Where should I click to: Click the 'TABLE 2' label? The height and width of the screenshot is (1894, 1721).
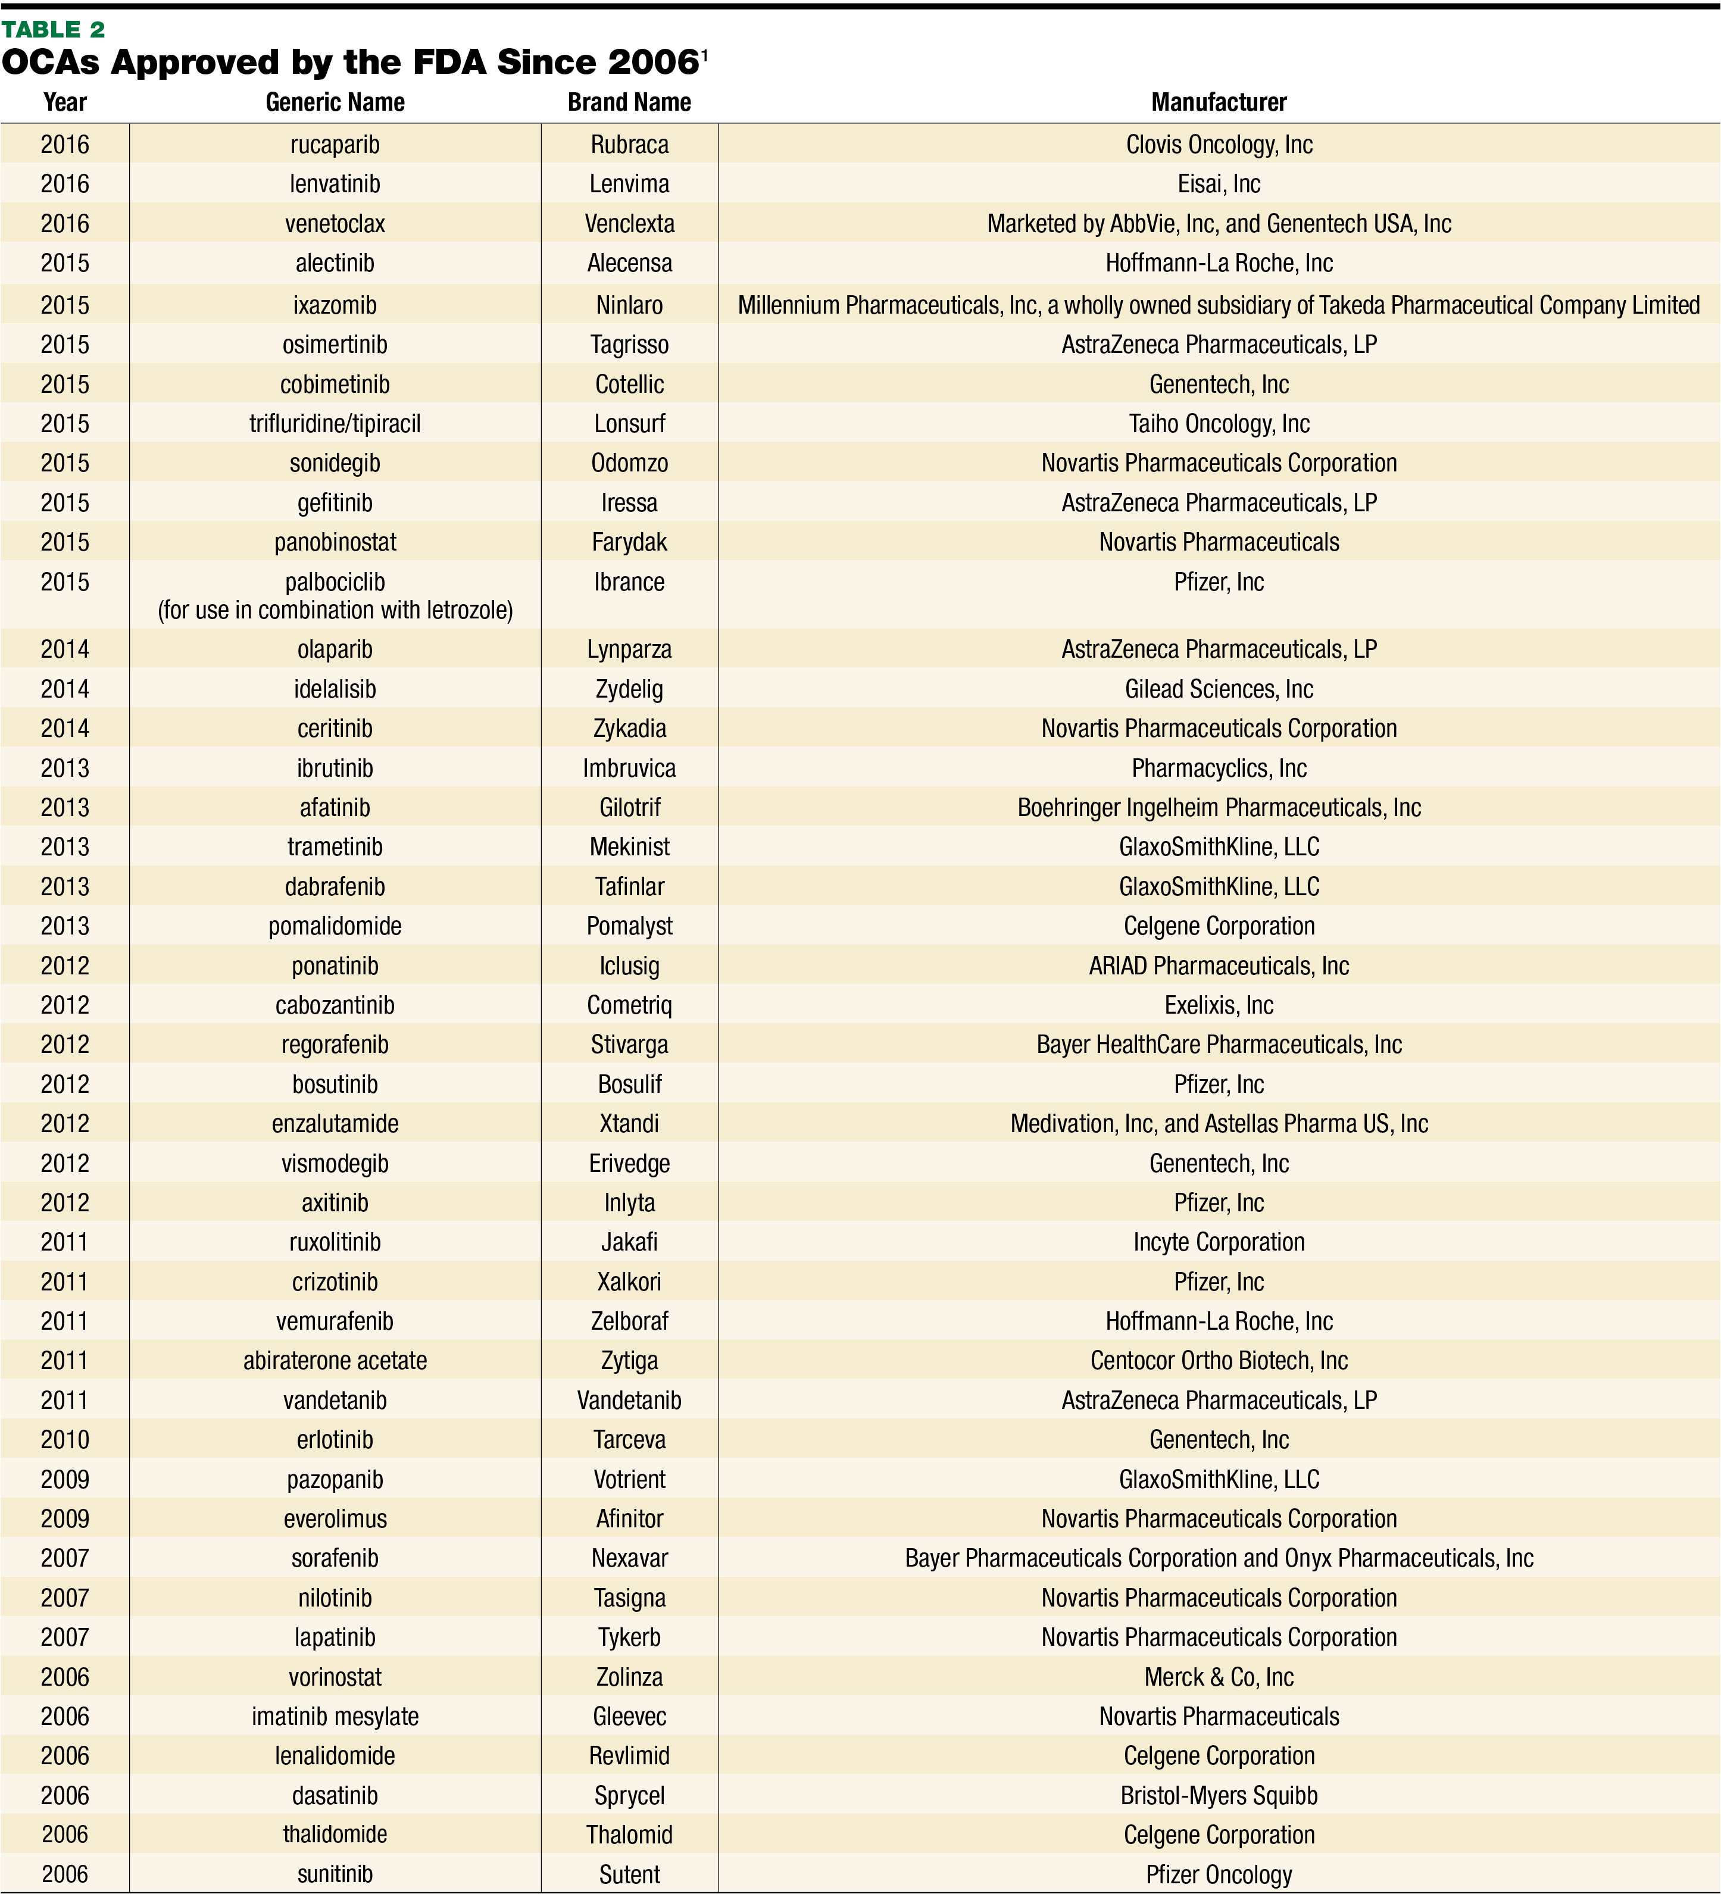pyautogui.click(x=54, y=29)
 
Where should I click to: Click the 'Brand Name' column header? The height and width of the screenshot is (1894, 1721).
pyautogui.click(x=629, y=102)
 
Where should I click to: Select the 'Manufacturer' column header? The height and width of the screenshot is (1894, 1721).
pyautogui.click(x=1219, y=102)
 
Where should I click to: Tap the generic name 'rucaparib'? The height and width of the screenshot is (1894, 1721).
pyautogui.click(x=335, y=145)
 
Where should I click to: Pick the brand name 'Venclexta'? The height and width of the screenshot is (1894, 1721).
pyautogui.click(x=629, y=224)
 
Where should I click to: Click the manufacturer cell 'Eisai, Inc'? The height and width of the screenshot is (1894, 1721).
pyautogui.click(x=1219, y=184)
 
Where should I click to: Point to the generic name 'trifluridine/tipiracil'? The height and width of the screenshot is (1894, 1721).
pyautogui.click(x=335, y=424)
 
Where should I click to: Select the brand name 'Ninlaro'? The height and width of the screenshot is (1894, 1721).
pyautogui.click(x=629, y=305)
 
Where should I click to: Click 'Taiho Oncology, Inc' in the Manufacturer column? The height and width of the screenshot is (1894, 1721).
pyautogui.click(x=1219, y=424)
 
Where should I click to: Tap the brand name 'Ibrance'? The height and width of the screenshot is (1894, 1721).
pyautogui.click(x=629, y=583)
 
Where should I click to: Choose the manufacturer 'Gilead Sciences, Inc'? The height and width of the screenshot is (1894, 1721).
pyautogui.click(x=1219, y=690)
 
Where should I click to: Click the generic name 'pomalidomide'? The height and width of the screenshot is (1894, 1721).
pyautogui.click(x=335, y=926)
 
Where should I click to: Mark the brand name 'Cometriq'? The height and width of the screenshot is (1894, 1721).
pyautogui.click(x=629, y=1005)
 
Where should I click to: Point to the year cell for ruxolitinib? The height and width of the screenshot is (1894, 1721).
pyautogui.click(x=65, y=1242)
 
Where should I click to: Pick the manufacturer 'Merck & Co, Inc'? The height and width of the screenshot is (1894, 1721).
pyautogui.click(x=1219, y=1677)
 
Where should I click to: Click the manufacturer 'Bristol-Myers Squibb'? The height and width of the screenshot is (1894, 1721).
pyautogui.click(x=1219, y=1795)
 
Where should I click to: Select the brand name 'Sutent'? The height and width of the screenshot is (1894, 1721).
pyautogui.click(x=629, y=1874)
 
